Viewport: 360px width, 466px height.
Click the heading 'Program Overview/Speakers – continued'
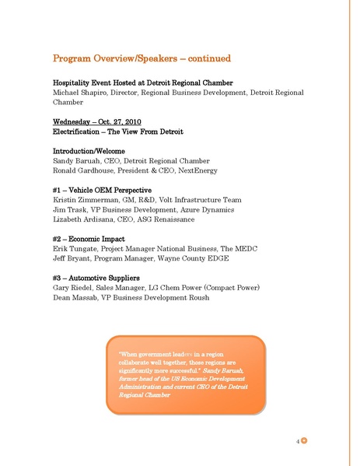click(x=141, y=58)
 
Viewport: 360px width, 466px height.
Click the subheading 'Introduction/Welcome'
click(x=89, y=150)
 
